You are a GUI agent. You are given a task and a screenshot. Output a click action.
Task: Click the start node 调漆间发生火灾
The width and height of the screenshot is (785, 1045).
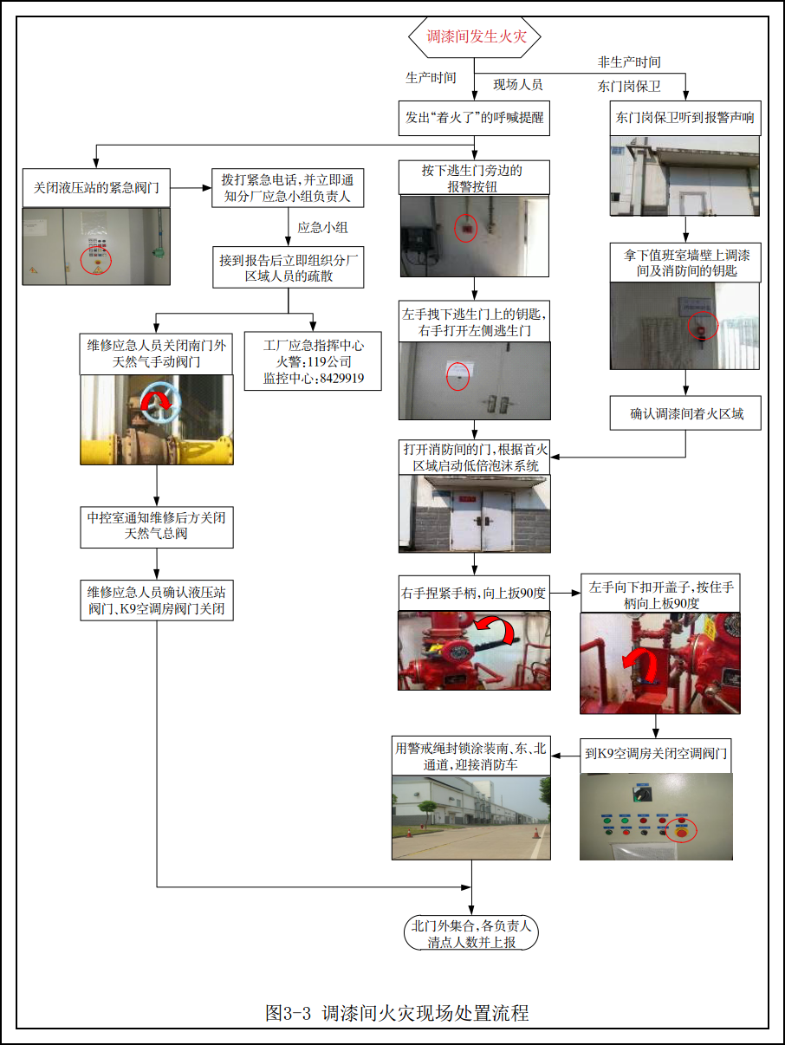[475, 37]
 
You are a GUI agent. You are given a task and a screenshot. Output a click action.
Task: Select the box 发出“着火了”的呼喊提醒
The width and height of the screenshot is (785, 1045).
[475, 117]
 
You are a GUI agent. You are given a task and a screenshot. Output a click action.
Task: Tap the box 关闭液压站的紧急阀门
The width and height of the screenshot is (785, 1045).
[96, 186]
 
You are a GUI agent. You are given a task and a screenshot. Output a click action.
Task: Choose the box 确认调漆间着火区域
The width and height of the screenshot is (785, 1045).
[687, 414]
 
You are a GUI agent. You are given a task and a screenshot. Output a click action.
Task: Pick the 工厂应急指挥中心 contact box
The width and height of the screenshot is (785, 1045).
[313, 360]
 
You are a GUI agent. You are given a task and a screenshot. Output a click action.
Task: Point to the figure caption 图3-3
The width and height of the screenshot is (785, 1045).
[396, 1012]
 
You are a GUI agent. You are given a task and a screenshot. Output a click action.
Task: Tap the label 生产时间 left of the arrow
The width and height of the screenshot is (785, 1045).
[431, 78]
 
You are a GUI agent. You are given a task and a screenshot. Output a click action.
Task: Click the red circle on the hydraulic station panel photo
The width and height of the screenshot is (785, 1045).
[96, 260]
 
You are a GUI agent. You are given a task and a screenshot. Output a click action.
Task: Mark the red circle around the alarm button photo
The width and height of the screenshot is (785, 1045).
[466, 228]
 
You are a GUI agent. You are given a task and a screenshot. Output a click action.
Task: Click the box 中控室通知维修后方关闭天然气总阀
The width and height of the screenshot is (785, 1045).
[157, 526]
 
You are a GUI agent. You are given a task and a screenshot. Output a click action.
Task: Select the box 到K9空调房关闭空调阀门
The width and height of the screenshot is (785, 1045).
[656, 755]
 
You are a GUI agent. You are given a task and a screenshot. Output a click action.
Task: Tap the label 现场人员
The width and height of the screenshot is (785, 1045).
[518, 85]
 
